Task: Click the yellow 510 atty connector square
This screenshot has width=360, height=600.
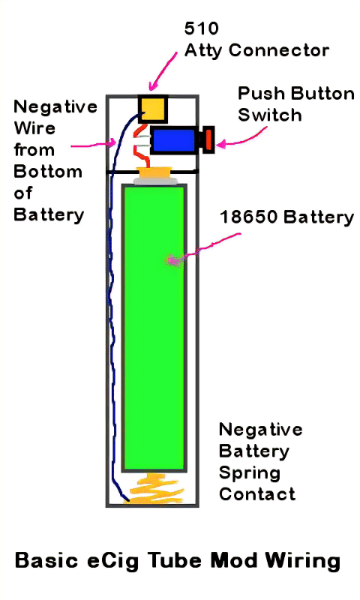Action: (153, 109)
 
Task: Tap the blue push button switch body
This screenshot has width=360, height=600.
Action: (174, 140)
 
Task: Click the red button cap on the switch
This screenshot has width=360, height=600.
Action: (208, 139)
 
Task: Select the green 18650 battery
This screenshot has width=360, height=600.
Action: (154, 328)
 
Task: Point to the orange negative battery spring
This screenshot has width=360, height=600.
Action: (156, 488)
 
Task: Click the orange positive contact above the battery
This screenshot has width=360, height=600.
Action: (155, 172)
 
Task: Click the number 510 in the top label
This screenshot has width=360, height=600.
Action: (201, 28)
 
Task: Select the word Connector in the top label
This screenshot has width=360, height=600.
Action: (279, 50)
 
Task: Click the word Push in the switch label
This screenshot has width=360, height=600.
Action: (260, 94)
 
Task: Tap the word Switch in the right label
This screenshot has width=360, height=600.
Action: (270, 115)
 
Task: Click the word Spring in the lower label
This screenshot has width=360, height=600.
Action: (250, 474)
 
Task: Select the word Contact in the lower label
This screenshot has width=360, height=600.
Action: (257, 493)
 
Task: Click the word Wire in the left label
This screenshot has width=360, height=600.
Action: (34, 127)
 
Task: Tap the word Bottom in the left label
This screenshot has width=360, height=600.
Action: (48, 171)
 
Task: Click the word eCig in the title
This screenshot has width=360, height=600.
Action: (112, 560)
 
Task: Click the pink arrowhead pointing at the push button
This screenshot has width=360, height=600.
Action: (220, 145)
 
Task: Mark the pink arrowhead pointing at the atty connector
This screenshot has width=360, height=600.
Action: (153, 85)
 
